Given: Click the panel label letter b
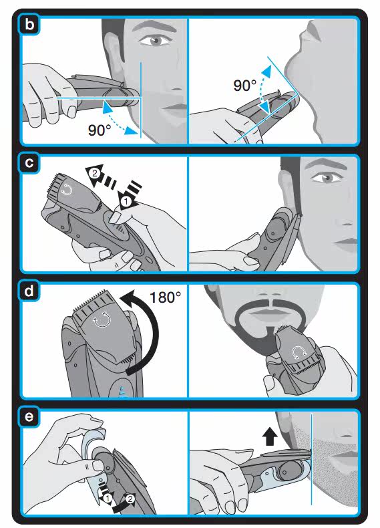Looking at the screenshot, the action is (29, 25).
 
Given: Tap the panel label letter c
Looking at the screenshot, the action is (29, 162).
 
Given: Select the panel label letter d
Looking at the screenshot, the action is (29, 290).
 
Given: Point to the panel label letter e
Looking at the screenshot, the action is (29, 417).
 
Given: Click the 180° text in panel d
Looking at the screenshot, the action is (165, 297).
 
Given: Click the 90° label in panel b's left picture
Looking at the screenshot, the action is (100, 130).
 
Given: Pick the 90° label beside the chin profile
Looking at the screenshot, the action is (244, 85).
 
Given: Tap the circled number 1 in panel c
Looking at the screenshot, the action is (126, 202).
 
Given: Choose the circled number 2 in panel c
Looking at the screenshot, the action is (95, 174).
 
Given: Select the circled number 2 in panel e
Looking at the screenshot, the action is (130, 499).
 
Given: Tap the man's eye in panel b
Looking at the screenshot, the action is (154, 41).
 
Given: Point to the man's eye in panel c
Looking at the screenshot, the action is (327, 178).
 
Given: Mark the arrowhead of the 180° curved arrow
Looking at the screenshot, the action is (129, 298).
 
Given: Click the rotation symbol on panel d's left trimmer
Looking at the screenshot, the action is (102, 321).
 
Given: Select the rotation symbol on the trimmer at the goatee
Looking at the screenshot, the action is (299, 353).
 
